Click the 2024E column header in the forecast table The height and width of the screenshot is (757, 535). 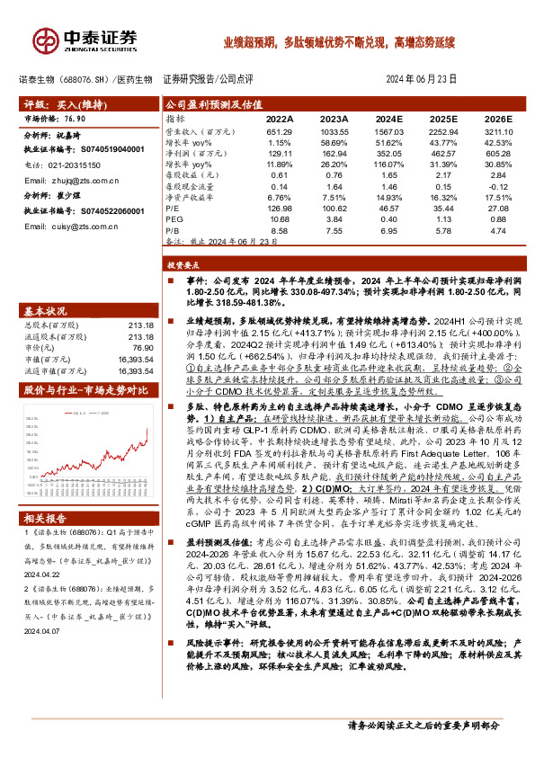coord(389,119)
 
